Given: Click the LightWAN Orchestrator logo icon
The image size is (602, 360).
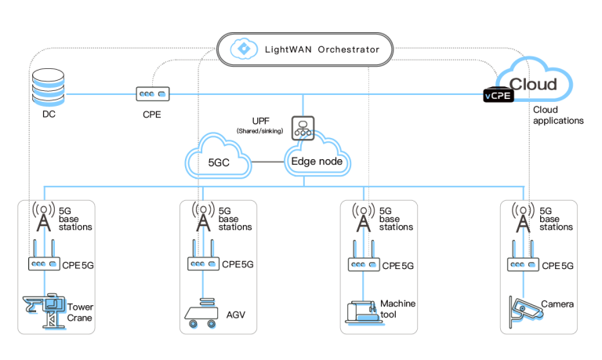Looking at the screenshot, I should tap(244, 49).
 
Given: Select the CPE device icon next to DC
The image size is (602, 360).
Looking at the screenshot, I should tap(152, 94).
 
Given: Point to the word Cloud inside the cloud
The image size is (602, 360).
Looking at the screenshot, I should tap(533, 84).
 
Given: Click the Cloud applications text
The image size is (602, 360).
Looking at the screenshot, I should tap(557, 115).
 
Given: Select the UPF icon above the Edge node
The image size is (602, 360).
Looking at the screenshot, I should tap(303, 129).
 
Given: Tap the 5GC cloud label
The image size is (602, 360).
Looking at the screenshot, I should tap(219, 163).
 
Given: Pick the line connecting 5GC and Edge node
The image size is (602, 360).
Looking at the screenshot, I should tap(267, 162).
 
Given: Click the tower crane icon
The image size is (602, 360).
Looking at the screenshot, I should tap(44, 311).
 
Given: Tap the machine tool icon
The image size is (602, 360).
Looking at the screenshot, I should tap(362, 312).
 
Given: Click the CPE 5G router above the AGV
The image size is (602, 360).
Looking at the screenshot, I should tap(203, 262).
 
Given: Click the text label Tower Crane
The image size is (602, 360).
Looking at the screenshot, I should tap(80, 311).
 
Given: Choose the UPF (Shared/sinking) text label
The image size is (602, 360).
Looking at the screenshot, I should tap(261, 125).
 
